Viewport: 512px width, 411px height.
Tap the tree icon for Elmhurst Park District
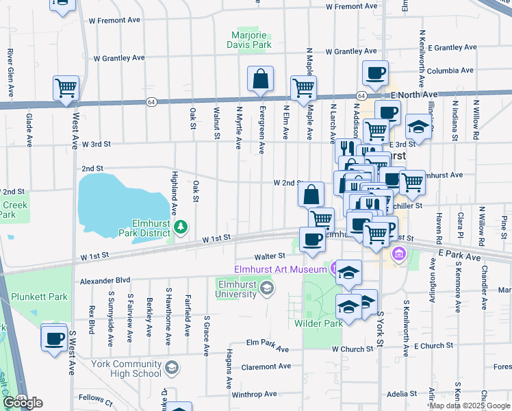click(x=181, y=226)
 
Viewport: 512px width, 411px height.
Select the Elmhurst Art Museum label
click(x=281, y=269)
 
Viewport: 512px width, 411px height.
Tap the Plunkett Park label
click(x=40, y=297)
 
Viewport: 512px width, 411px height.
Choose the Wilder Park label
click(x=318, y=323)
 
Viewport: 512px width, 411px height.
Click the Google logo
click(x=23, y=403)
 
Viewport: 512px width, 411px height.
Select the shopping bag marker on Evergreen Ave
click(x=261, y=79)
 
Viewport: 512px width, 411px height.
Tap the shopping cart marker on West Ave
click(x=66, y=87)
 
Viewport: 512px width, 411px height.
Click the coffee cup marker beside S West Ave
click(x=54, y=338)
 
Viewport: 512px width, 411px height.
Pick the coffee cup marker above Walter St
click(x=312, y=239)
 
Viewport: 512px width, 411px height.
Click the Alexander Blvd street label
click(x=104, y=281)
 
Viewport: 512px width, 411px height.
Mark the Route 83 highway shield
click(x=21, y=398)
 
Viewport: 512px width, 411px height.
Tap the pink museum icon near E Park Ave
click(x=398, y=256)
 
